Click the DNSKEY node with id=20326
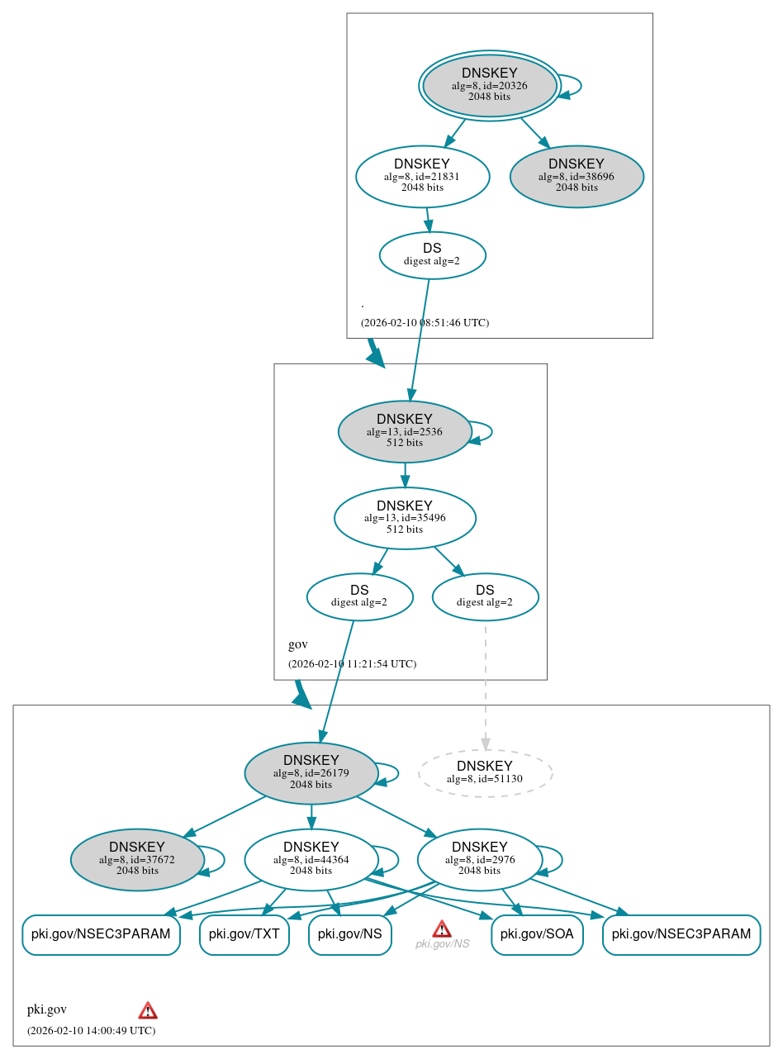(490, 85)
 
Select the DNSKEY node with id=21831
(422, 176)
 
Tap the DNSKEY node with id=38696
(577, 176)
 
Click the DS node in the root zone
(432, 255)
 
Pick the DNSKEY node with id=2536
(405, 431)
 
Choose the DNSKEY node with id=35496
(405, 518)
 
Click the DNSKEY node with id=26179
(311, 773)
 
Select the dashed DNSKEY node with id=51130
(485, 773)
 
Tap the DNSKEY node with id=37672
(137, 860)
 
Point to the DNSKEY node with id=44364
(311, 860)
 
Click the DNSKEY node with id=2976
(480, 860)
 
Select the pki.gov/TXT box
(244, 935)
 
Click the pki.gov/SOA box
(537, 935)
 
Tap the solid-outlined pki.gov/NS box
(349, 935)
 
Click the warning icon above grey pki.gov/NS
(442, 928)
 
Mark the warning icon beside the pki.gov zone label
(148, 1010)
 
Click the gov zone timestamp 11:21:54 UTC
(352, 664)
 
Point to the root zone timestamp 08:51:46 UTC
(425, 323)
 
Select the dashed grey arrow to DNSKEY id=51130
(485, 686)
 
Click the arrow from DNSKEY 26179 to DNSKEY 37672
(225, 816)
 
